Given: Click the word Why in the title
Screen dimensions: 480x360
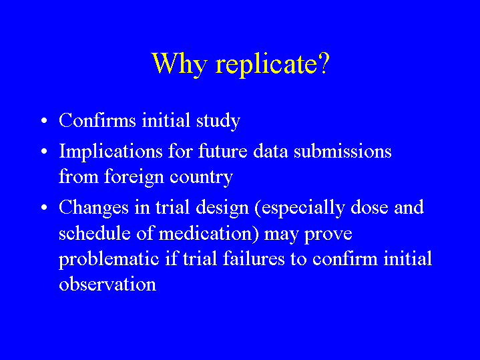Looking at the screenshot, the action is [180, 63].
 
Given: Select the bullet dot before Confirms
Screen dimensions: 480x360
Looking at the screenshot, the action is [44, 120].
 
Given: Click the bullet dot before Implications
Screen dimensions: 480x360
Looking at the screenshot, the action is [44, 152].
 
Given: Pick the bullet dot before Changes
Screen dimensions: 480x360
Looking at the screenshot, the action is [44, 208].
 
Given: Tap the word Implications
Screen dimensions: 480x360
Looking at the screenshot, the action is [111, 152].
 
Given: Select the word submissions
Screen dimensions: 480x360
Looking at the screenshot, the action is [342, 151].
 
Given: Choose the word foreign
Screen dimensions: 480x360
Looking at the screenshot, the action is [134, 178].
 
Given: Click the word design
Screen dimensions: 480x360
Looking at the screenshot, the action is [222, 208].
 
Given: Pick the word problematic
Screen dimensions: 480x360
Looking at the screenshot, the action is [109, 259].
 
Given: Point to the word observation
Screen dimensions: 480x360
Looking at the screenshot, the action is [107, 284].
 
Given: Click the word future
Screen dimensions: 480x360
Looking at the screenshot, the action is [223, 151].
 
